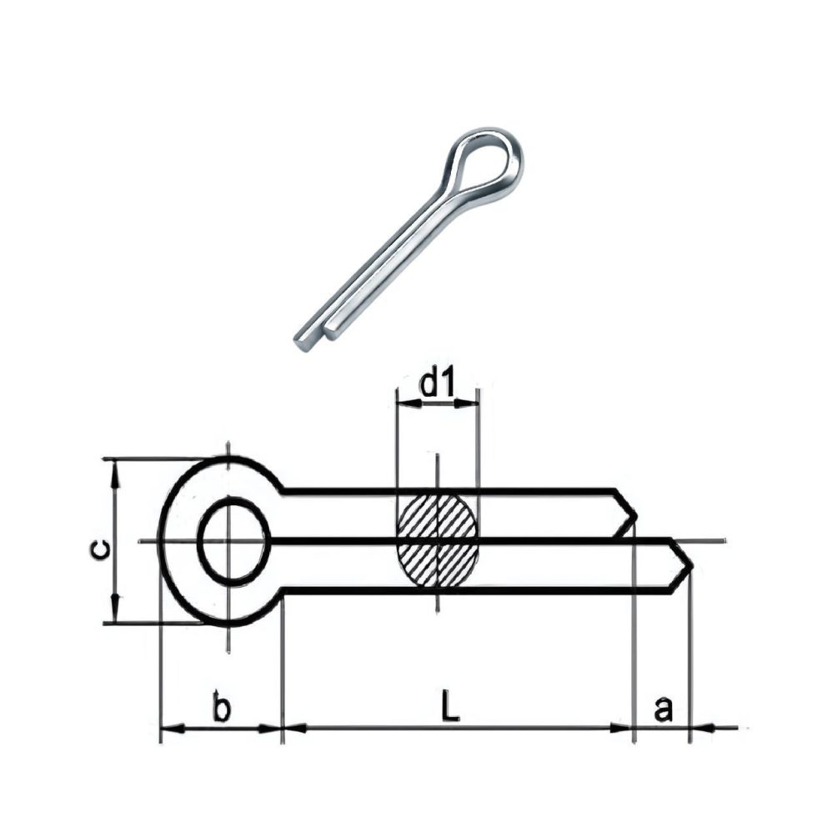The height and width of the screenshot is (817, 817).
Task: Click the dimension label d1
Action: (438, 384)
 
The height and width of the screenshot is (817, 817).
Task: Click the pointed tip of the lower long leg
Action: (690, 569)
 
